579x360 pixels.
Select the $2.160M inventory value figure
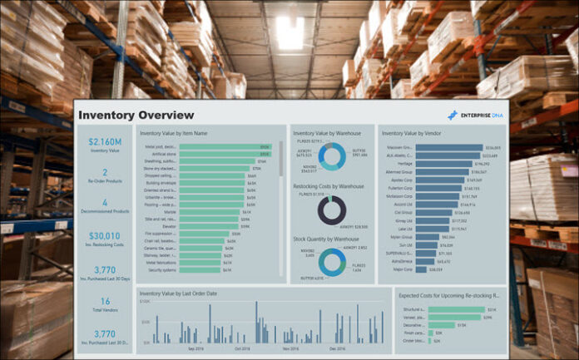(x=104, y=141)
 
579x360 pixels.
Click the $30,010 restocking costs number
(x=104, y=235)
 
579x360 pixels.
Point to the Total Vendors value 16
(x=105, y=301)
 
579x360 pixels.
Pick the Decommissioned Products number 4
(x=104, y=202)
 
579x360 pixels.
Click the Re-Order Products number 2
(x=104, y=170)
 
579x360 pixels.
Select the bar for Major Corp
(x=421, y=269)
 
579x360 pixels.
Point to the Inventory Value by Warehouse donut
(x=331, y=155)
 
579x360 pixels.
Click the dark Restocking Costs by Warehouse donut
(x=331, y=210)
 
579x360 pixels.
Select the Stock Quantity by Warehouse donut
(x=331, y=262)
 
